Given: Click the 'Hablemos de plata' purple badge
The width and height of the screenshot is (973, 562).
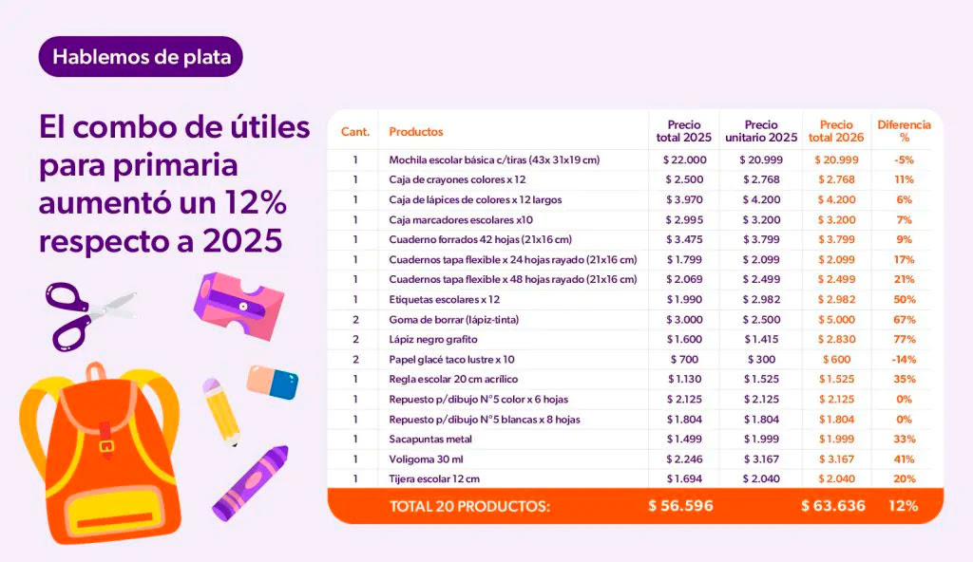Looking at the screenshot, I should click(141, 57).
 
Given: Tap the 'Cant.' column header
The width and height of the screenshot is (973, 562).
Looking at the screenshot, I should click(355, 132).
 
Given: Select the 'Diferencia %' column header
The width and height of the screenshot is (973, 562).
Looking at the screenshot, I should click(904, 131).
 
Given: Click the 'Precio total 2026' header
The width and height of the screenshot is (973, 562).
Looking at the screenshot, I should click(837, 131).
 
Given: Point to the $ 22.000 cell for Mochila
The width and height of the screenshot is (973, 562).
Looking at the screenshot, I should click(684, 159).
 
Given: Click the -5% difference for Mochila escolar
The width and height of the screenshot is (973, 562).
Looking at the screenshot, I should click(904, 159).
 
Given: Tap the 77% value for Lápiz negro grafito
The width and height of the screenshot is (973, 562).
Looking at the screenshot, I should click(904, 339).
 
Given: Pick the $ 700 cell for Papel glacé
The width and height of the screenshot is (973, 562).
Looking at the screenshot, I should click(684, 359).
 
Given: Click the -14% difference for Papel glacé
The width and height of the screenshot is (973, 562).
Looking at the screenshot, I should click(904, 359).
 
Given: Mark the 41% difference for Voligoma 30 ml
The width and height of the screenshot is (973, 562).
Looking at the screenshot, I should click(904, 459).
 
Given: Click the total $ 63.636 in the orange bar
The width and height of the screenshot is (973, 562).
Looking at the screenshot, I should click(833, 506).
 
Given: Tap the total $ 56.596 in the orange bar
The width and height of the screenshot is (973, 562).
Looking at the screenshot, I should click(680, 506).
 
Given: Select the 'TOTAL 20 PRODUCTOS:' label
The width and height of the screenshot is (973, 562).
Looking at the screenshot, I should click(469, 506).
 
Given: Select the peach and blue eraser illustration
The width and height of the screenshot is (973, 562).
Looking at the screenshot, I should click(274, 382).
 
